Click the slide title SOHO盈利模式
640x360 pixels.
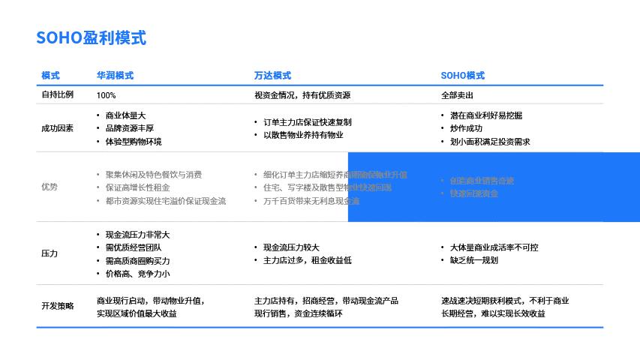click(91, 38)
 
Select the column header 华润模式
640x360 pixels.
click(115, 76)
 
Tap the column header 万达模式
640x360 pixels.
click(272, 76)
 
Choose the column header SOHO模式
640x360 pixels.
click(462, 76)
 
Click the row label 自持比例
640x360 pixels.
click(58, 95)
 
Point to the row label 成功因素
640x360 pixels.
click(58, 128)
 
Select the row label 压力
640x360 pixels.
click(50, 253)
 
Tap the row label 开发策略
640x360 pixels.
click(58, 306)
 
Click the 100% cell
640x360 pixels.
click(107, 95)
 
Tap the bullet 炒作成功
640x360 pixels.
click(466, 128)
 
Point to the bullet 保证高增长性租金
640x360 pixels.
click(137, 187)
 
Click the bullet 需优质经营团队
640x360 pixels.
click(134, 247)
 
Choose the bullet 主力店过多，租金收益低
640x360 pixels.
click(307, 260)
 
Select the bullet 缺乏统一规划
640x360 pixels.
click(473, 260)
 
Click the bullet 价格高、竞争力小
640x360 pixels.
click(137, 274)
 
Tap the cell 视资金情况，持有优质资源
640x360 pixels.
click(302, 95)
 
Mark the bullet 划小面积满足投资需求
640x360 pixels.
click(490, 142)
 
